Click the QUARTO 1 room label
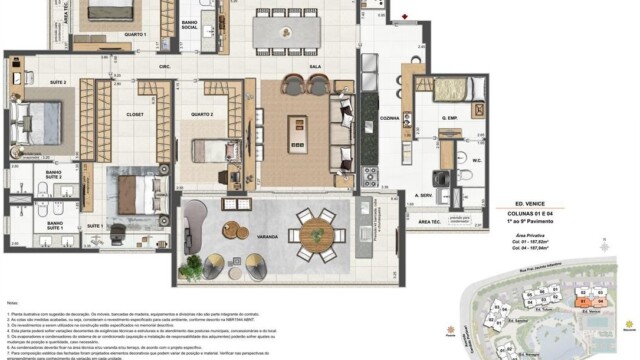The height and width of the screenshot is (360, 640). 136,36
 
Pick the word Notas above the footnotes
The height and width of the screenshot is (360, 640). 13,301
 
